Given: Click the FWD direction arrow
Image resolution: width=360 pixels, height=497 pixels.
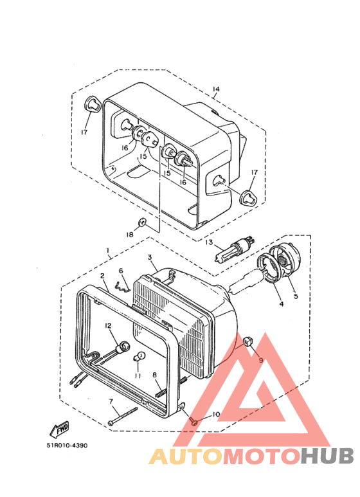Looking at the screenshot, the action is coord(59,429).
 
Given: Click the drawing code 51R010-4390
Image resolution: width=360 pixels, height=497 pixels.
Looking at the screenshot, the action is coord(67,446).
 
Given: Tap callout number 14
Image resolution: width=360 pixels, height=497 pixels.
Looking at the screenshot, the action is coord(216,89).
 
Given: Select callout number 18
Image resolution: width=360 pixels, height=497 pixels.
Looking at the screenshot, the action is coord(130,234).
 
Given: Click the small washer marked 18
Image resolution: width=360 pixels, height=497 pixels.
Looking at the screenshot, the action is coord(141,222).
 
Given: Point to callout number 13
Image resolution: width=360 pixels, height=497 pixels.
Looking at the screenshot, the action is coord(209,242).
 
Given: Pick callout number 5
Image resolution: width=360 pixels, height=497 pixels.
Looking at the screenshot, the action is coord(296,296).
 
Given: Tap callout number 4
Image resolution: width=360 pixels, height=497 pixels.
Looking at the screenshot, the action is coord(282,304).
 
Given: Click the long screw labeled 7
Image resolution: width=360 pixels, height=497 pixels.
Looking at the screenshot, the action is coord(123,416).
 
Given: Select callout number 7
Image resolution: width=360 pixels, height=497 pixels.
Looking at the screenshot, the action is coord(111,402).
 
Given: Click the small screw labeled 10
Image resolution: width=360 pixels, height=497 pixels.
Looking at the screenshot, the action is coord(193,420).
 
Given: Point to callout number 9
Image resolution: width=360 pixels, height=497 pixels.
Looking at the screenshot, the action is coord(261,360).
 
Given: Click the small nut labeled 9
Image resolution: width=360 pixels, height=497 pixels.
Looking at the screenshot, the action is coord(248,341).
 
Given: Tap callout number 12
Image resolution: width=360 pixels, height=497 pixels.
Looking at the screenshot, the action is coord(109,325).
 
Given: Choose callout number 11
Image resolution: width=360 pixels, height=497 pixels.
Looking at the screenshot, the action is coord(138,375).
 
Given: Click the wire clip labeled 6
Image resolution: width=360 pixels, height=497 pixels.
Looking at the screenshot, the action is coord(122,287).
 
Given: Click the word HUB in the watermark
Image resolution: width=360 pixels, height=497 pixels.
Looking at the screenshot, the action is coord(327,456).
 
